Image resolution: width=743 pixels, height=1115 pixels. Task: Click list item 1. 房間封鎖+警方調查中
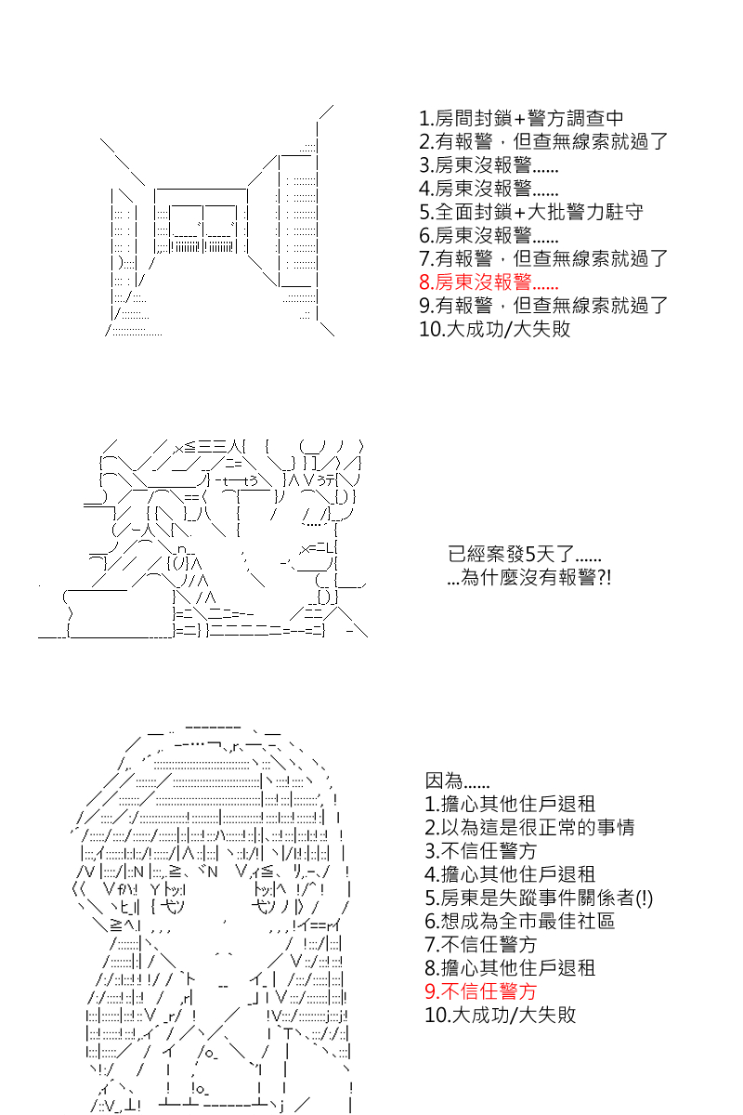(521, 119)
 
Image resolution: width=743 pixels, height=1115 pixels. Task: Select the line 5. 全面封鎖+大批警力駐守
(531, 212)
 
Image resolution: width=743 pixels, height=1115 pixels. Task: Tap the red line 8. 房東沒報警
(489, 282)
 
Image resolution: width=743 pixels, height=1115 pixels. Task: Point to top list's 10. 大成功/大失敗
(495, 329)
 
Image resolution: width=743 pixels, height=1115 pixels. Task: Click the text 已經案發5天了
(524, 554)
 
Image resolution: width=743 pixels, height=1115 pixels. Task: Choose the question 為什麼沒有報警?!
(529, 577)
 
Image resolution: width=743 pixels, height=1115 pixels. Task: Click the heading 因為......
(457, 780)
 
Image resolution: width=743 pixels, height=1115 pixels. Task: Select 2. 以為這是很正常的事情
(529, 827)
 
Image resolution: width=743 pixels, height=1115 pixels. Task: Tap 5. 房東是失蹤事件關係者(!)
(539, 898)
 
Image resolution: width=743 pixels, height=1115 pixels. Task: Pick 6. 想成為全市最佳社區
(519, 921)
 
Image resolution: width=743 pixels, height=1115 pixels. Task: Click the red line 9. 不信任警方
(481, 991)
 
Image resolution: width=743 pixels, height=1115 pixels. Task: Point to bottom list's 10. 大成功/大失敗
(501, 1015)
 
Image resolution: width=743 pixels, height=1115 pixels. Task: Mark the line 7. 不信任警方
(481, 944)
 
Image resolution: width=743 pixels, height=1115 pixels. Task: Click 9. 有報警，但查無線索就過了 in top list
(543, 306)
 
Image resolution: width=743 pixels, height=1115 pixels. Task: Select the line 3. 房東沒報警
(489, 165)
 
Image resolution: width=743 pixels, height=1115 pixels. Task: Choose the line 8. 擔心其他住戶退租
(510, 967)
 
